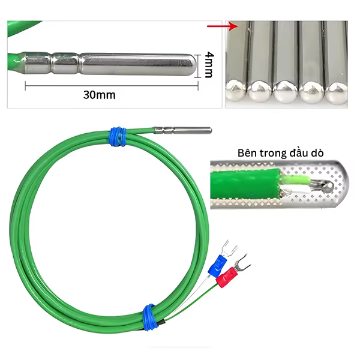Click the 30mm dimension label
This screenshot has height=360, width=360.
click(x=99, y=95)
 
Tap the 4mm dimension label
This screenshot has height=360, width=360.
click(x=209, y=65)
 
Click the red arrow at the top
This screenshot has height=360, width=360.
click(x=223, y=26)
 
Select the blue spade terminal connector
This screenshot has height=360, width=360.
click(x=217, y=265)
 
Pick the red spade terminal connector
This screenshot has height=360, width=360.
click(x=227, y=277)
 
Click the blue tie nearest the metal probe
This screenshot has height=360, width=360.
click(x=118, y=136)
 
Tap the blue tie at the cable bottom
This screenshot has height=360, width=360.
click(x=149, y=317)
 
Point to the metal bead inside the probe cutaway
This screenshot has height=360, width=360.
click(x=327, y=186)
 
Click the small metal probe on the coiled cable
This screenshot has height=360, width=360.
click(x=183, y=130)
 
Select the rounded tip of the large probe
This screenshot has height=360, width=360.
click(x=192, y=64)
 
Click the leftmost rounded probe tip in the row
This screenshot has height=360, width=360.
click(x=236, y=90)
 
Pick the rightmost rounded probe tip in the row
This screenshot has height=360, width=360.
click(x=337, y=92)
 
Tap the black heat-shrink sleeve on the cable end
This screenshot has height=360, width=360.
click(x=161, y=322)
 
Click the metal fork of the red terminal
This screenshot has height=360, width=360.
click(x=242, y=262)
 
